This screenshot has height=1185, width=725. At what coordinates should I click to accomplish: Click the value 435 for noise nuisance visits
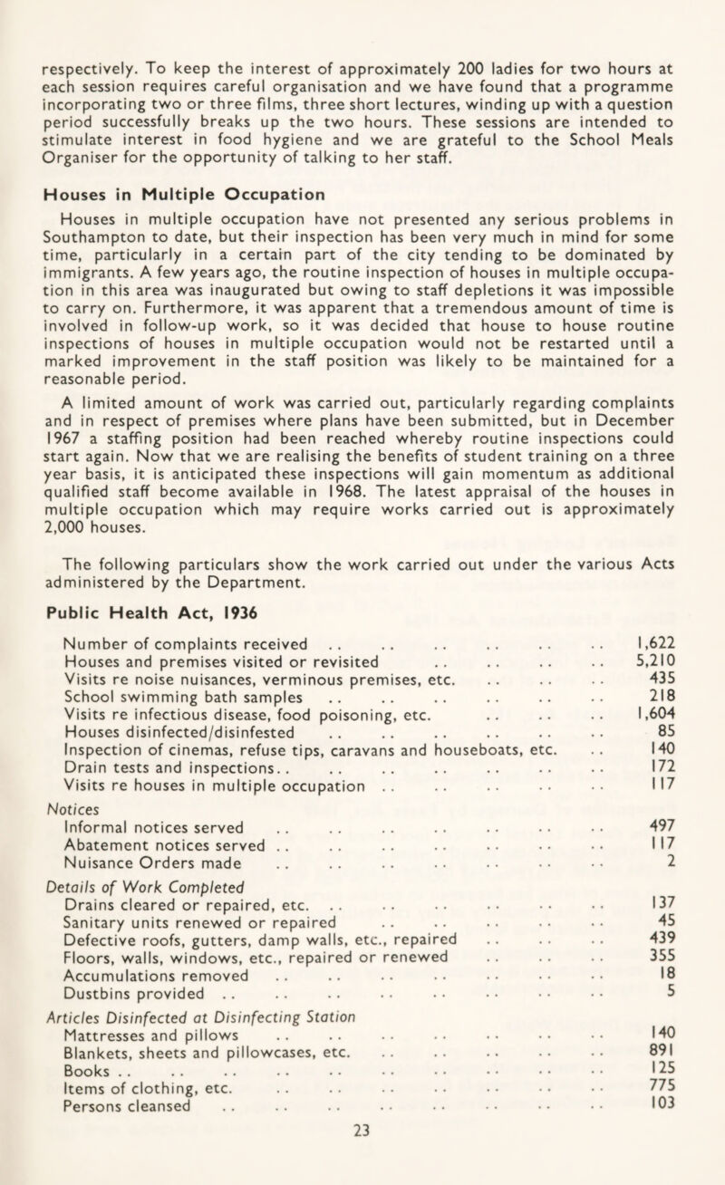click(672, 687)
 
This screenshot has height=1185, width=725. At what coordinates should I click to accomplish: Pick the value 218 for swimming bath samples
click(672, 708)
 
